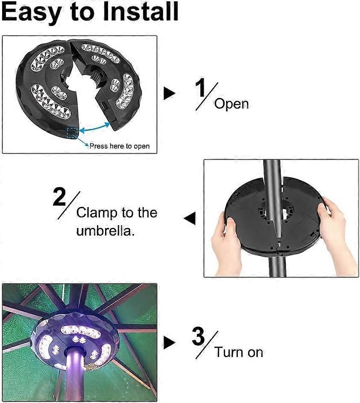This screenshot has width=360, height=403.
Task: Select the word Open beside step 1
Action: click(231, 104)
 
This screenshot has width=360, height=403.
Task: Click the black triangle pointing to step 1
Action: click(170, 93)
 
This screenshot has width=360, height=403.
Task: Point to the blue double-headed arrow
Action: click(95, 127)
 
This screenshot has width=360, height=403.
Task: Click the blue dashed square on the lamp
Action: click(72, 133)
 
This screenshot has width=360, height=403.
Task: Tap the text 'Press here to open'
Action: click(120, 146)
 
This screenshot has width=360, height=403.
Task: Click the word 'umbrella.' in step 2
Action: click(105, 231)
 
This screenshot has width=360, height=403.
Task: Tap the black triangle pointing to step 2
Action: click(190, 219)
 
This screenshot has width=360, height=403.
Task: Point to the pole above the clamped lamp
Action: click(273, 180)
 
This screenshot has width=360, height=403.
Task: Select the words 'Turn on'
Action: click(239, 352)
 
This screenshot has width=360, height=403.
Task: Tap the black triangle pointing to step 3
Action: click(170, 343)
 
